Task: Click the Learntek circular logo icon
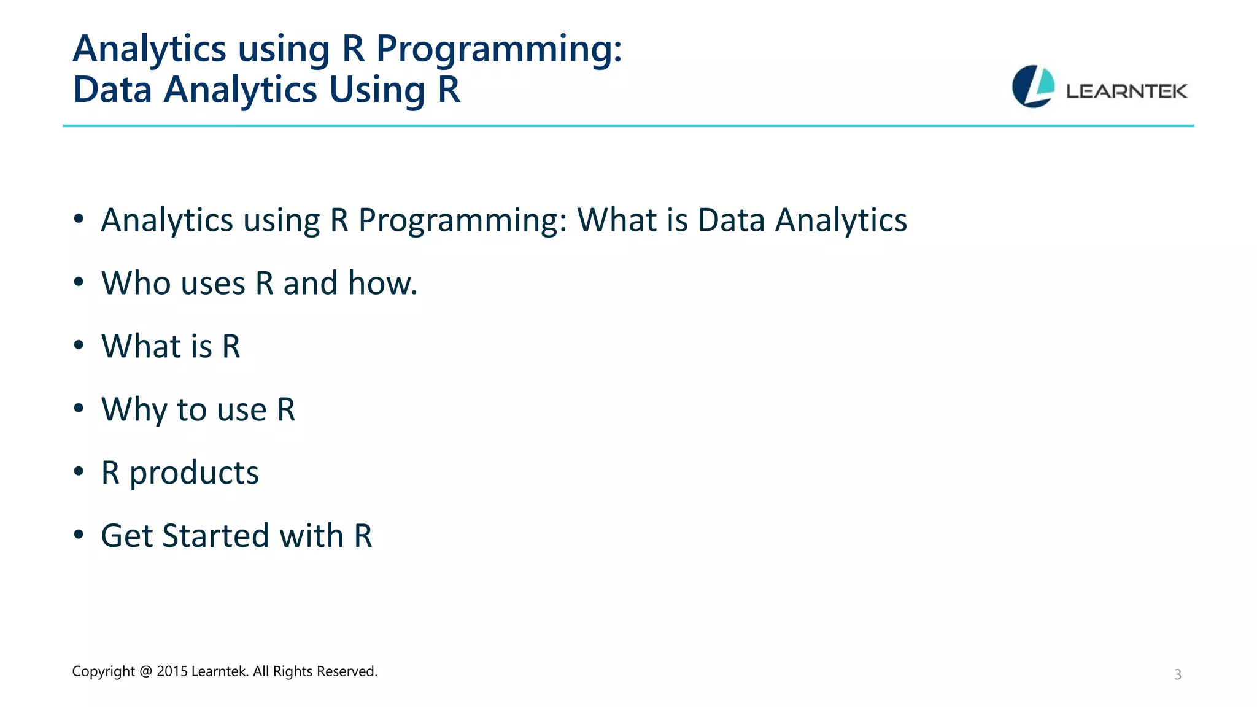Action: point(1033,87)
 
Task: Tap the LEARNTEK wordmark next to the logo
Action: point(1126,91)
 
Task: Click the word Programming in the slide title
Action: point(499,49)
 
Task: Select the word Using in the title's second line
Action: point(377,90)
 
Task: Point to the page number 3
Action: point(1178,674)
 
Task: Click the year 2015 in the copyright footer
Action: point(172,671)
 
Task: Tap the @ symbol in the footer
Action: point(145,671)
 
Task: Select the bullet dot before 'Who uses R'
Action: point(79,282)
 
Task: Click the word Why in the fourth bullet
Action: point(134,410)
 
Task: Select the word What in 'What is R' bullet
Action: point(141,346)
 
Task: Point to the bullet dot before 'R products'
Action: point(79,472)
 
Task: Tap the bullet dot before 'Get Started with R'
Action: point(79,535)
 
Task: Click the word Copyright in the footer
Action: point(103,671)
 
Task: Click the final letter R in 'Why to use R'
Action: point(286,409)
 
